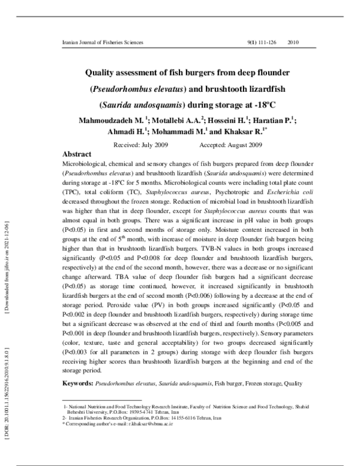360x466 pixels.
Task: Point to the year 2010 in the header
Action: [x=293, y=43]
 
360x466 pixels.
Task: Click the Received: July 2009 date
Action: [x=140, y=145]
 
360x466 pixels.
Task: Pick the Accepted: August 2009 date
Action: [x=230, y=145]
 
